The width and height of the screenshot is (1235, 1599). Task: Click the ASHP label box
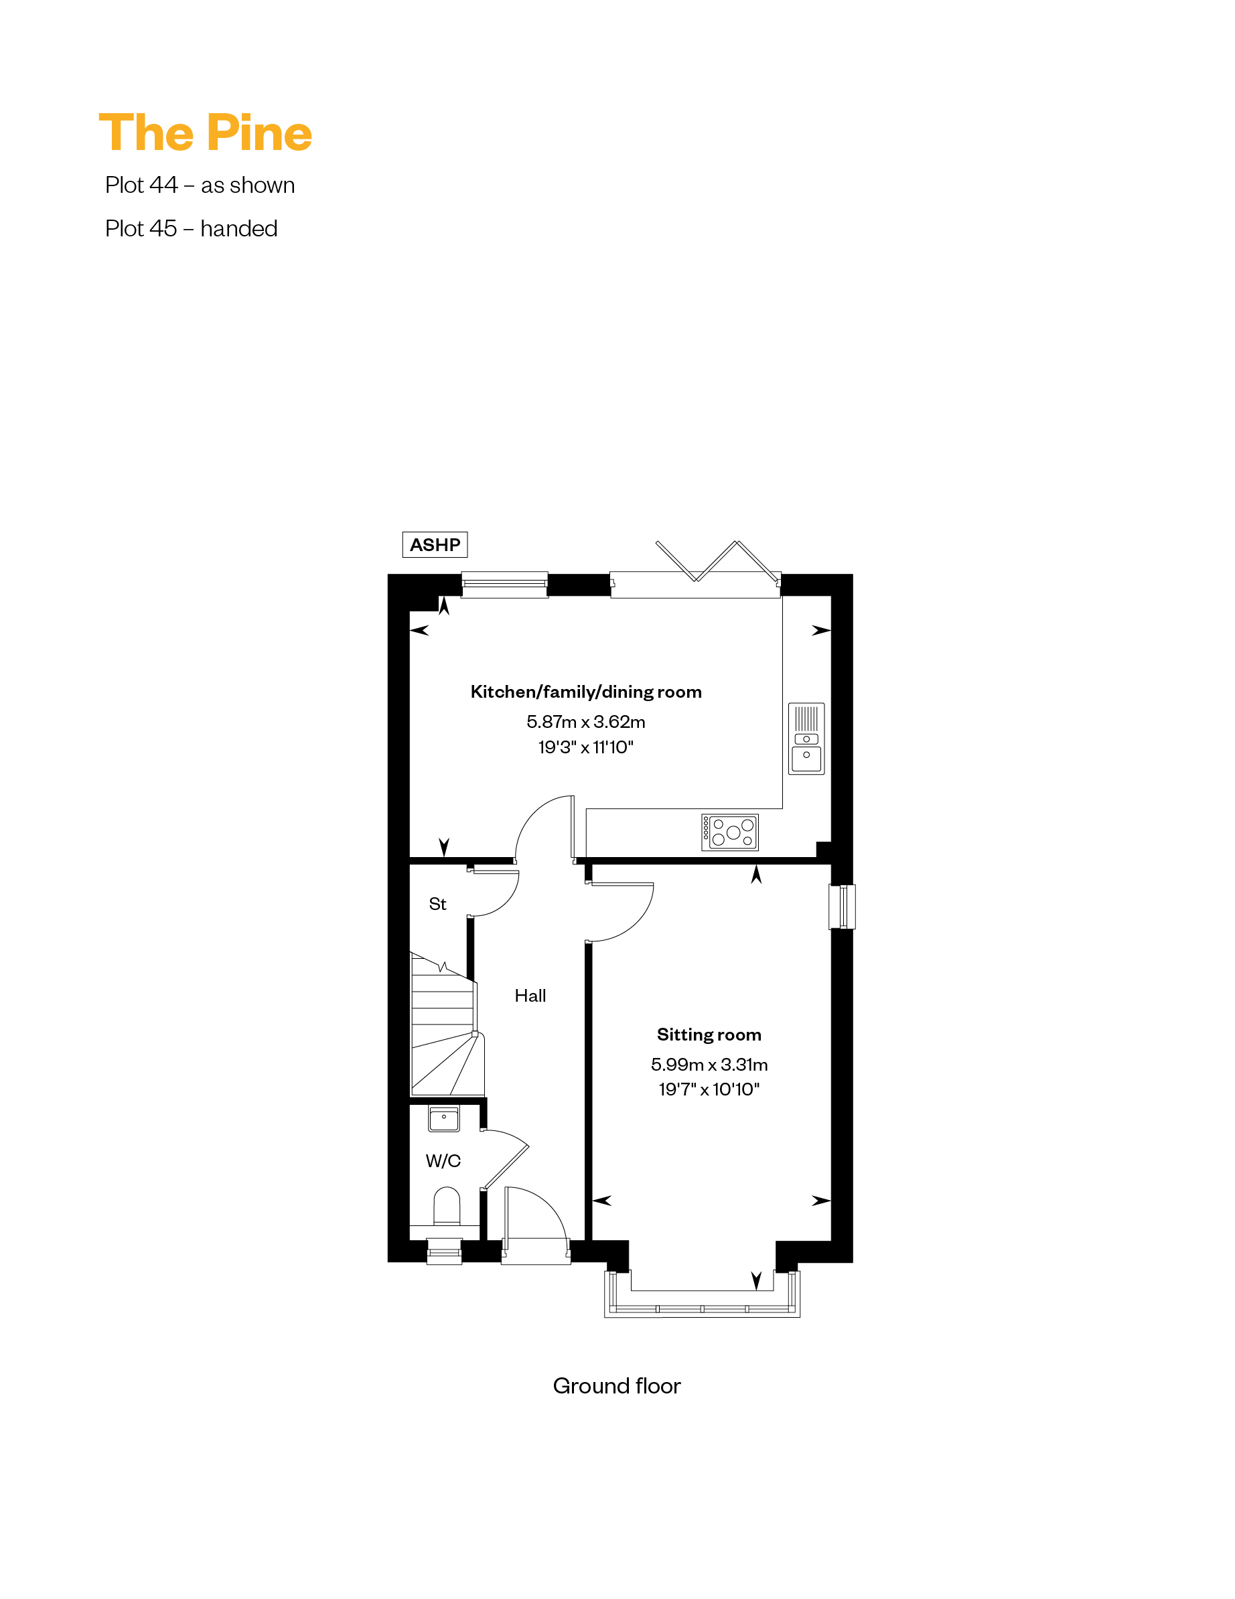[435, 544]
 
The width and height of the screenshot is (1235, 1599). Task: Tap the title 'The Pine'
[205, 133]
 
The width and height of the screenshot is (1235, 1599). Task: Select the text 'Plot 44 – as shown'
[200, 185]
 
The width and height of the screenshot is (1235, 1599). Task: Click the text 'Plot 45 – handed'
[191, 228]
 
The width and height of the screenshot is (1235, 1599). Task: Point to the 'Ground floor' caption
[617, 1386]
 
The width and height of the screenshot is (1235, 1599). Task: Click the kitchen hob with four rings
[729, 832]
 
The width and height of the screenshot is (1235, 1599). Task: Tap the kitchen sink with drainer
[806, 739]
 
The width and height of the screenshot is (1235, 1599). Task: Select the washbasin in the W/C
[444, 1119]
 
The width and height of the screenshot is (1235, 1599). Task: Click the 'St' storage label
[437, 904]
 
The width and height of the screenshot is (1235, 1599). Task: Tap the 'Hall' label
[530, 996]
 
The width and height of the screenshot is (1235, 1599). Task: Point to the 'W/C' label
[443, 1160]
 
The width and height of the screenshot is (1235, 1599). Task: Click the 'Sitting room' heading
[709, 1035]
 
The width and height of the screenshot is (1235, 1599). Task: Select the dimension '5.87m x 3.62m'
[586, 722]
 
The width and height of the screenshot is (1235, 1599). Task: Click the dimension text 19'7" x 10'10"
[709, 1089]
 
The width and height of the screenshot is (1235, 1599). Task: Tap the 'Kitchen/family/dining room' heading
[586, 692]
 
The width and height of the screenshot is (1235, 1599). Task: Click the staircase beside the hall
[445, 1024]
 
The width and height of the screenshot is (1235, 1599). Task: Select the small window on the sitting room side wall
[843, 907]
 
